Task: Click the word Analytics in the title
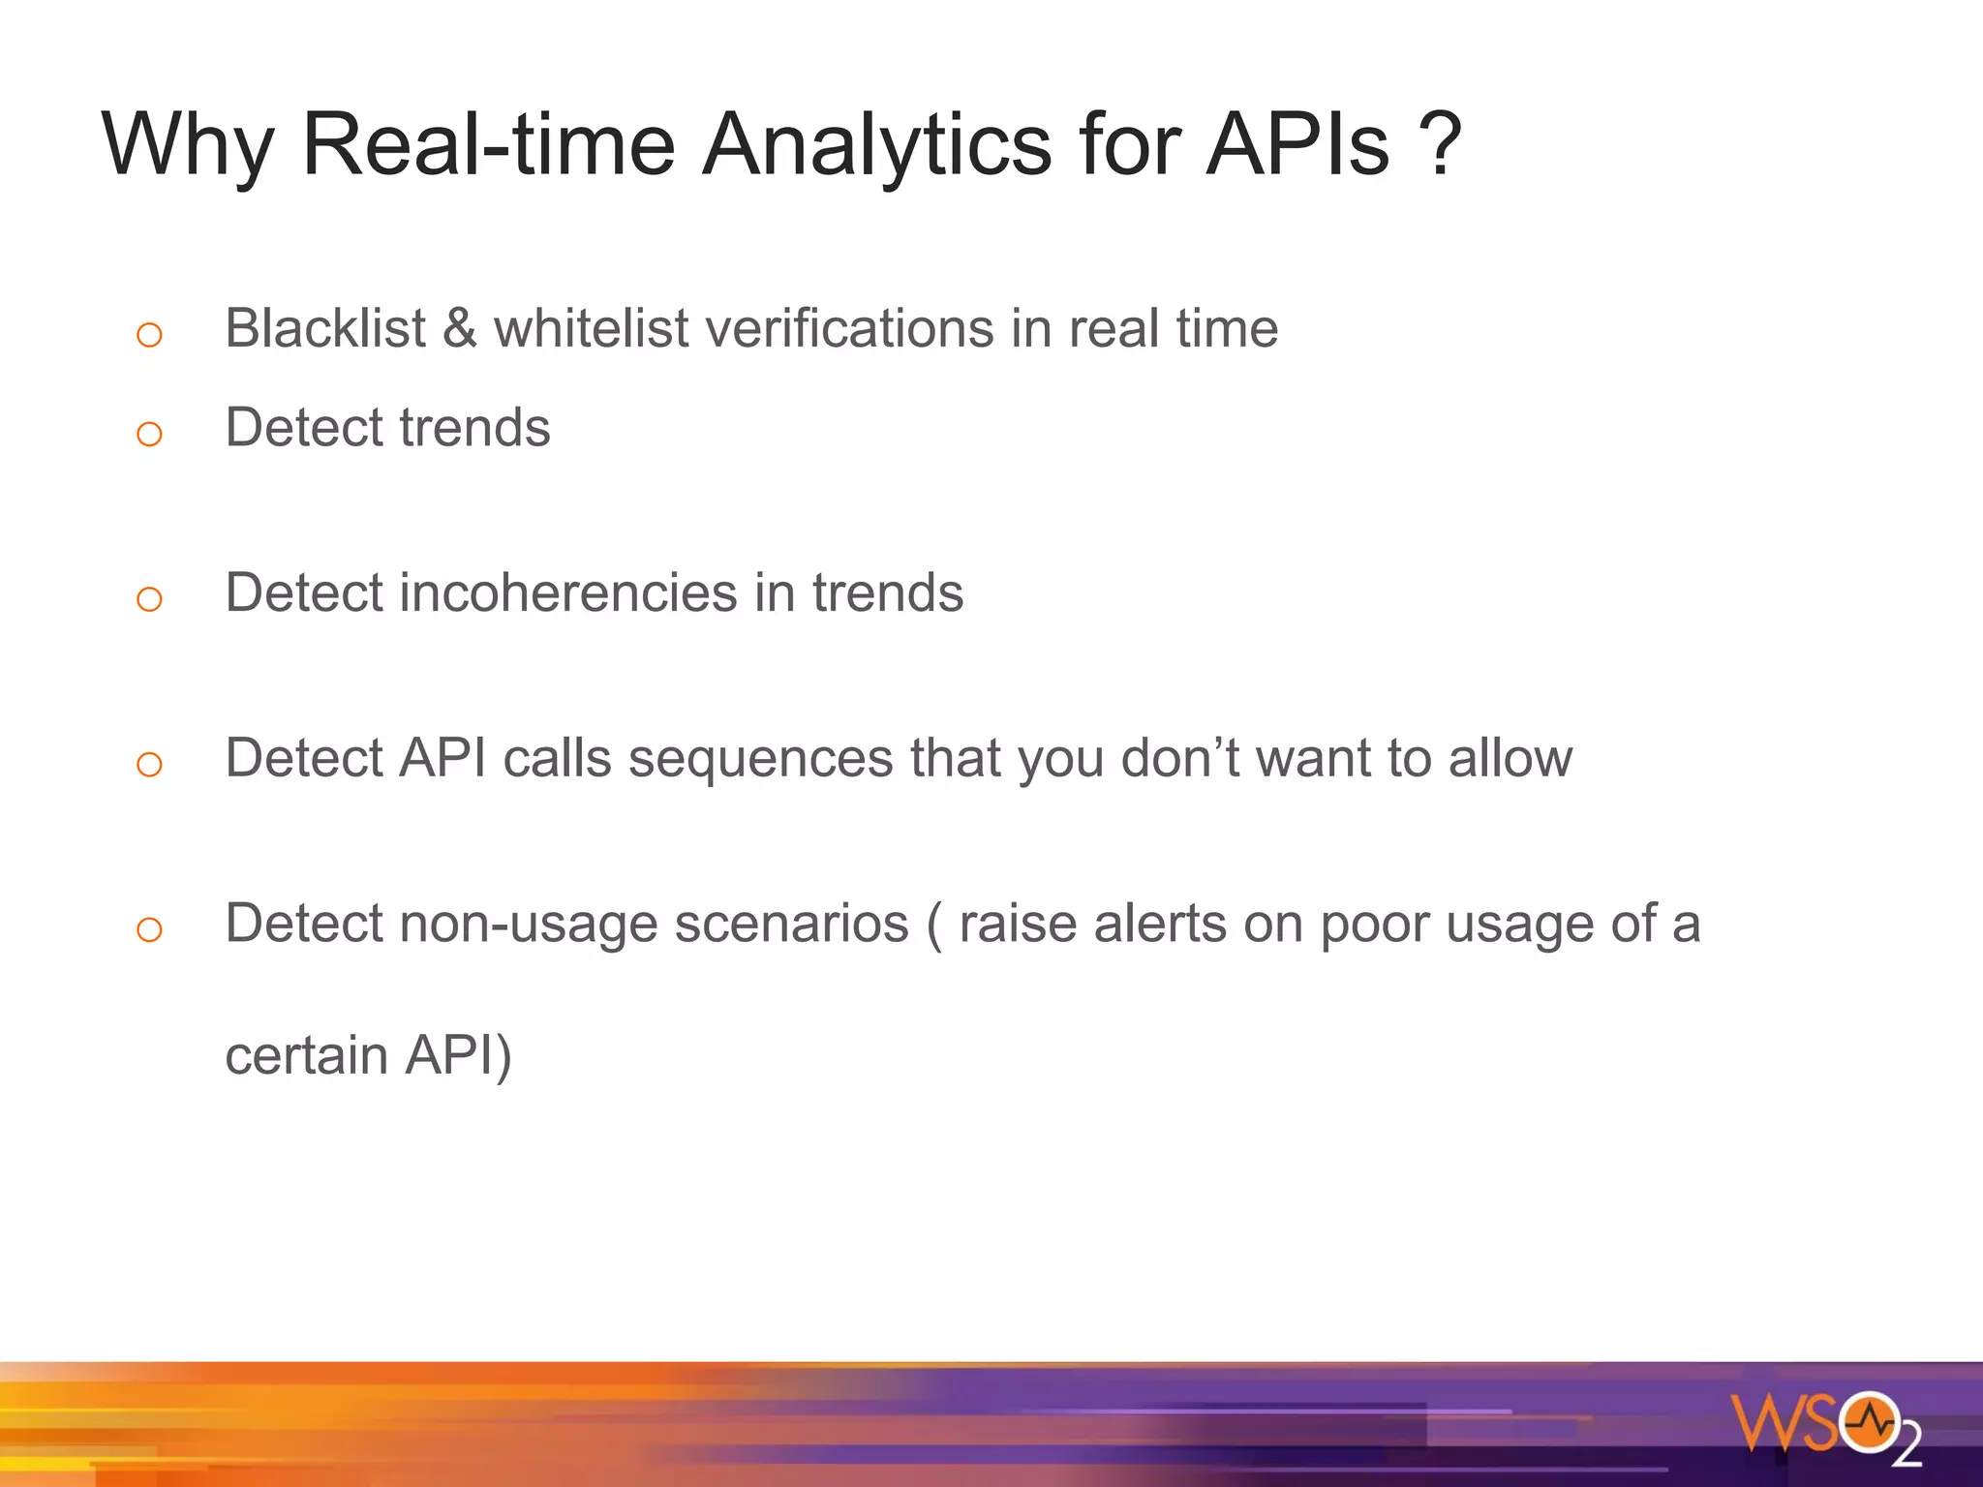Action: (x=876, y=145)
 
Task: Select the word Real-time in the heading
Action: (x=488, y=145)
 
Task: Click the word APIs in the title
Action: (x=1297, y=145)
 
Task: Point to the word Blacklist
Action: (x=325, y=328)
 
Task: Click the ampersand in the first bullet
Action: (x=460, y=328)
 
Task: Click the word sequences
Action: (x=760, y=758)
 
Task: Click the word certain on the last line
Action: (x=306, y=1056)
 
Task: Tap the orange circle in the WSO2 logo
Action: (x=1870, y=1422)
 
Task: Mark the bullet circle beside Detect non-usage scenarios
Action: (x=149, y=930)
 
